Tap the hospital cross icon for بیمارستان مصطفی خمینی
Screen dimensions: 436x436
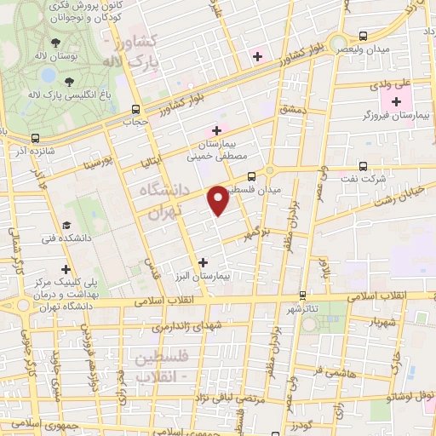coord(216,130)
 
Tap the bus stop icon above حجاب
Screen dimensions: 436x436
coord(136,109)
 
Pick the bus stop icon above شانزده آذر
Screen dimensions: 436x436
coord(35,137)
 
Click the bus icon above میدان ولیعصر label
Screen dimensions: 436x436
coord(364,36)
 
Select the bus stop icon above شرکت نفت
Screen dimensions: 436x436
coord(364,167)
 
